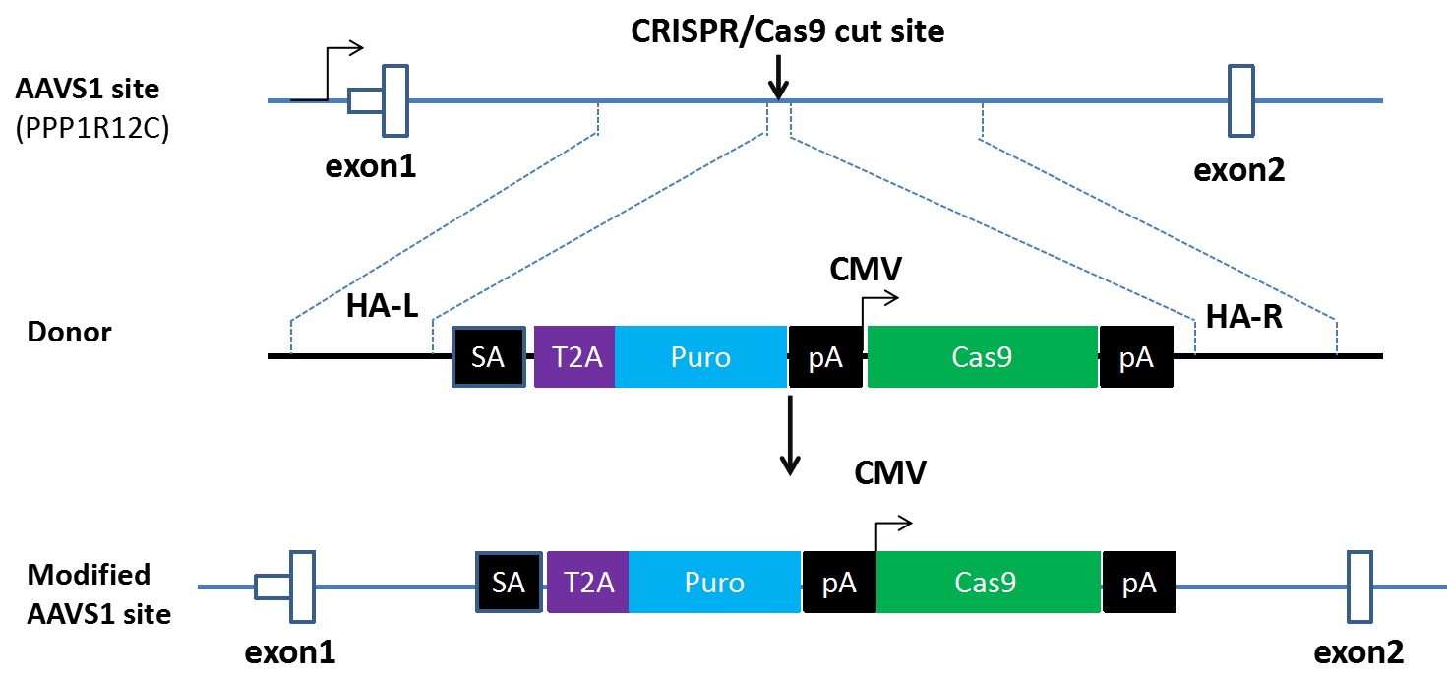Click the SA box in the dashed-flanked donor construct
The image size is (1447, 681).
(489, 356)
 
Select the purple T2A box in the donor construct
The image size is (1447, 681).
(575, 356)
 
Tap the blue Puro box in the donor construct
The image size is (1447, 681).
(700, 356)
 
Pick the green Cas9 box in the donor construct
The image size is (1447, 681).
(982, 356)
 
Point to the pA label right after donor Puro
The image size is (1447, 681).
(825, 358)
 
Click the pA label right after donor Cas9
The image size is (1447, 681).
(1136, 358)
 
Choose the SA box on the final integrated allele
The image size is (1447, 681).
(509, 583)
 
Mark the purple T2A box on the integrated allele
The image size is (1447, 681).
(588, 583)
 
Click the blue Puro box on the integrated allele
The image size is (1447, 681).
(714, 583)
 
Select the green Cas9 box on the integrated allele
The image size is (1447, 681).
(988, 583)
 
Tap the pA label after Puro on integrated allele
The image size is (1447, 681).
(839, 585)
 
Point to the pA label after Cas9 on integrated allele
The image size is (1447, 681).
(1139, 585)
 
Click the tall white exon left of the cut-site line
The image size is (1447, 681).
(395, 100)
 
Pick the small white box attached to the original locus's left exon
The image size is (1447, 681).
(366, 100)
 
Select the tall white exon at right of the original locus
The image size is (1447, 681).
(1241, 100)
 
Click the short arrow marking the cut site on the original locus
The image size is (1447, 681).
(778, 78)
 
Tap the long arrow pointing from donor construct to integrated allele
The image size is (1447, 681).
(789, 436)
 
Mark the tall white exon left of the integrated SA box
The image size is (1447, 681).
(302, 587)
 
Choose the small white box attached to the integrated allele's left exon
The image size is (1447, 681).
(272, 588)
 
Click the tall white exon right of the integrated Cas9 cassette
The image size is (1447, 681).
(1359, 587)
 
